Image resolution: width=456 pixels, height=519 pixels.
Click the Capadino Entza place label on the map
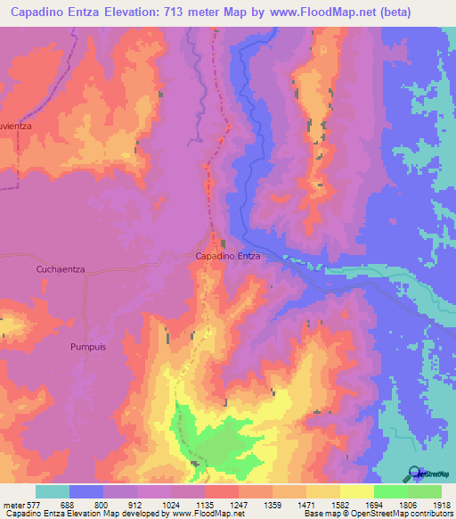pyautogui.click(x=227, y=256)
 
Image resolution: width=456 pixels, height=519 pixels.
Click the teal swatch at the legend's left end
pyautogui.click(x=53, y=491)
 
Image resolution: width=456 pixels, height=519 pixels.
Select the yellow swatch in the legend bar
pyautogui.click(x=356, y=491)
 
